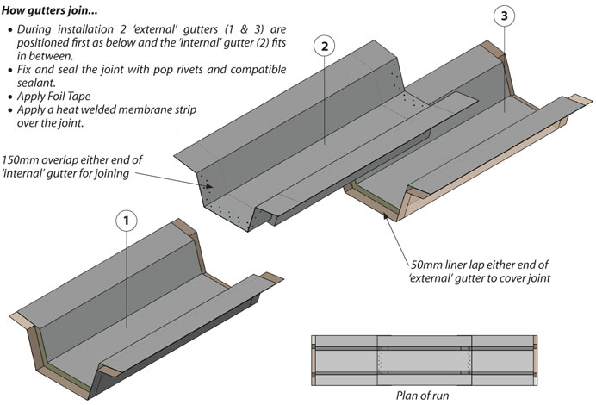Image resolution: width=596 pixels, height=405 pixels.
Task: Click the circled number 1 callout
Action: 126,220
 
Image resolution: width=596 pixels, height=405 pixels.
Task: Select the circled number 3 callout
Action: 506,16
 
